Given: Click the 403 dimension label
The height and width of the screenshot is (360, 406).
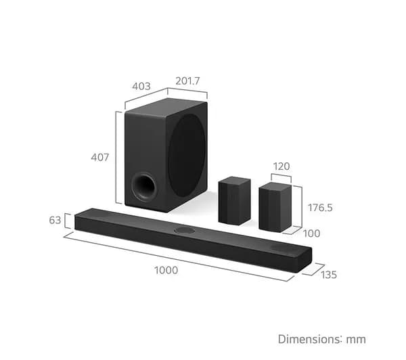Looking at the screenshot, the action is coord(141,86).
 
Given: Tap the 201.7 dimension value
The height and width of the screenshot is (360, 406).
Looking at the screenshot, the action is coord(187,81).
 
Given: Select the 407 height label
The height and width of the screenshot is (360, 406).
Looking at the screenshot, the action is coord(100,157).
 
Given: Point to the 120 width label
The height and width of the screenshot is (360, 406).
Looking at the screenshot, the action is coord(281,166).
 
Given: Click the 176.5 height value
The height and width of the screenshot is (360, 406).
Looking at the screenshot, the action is coord(320,208).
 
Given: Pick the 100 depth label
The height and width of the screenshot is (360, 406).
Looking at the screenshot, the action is coord(311,233).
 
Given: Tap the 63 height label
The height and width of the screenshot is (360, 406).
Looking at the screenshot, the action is coord(55,220).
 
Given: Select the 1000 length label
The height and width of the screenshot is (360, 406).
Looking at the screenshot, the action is coord(166,271).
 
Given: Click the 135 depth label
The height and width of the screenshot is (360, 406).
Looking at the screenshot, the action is coord(329,275).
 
